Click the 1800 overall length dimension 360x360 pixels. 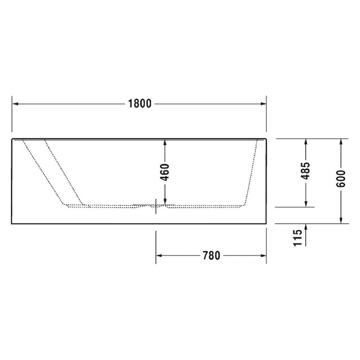(140, 103)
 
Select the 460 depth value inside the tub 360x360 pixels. (165, 172)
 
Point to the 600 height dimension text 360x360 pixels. (342, 179)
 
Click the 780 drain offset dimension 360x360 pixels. (211, 255)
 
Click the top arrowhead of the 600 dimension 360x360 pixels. (341, 142)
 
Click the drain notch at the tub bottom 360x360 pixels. (155, 206)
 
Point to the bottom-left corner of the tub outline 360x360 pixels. (11, 224)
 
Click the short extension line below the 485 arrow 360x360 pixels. (295, 207)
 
